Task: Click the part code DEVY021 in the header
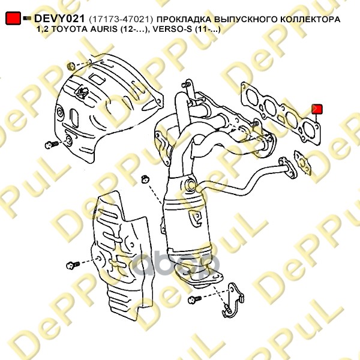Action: [x=59, y=19]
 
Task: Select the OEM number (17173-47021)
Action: [x=121, y=19]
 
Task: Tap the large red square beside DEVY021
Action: [x=13, y=18]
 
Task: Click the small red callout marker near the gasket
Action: [x=317, y=109]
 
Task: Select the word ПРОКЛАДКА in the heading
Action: [x=184, y=19]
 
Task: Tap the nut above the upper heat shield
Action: [x=71, y=66]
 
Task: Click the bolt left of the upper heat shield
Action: [x=52, y=145]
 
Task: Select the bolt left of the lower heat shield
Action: [x=73, y=265]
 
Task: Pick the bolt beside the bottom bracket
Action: [x=194, y=299]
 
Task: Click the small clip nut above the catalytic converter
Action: [x=145, y=178]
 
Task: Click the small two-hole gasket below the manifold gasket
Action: [x=303, y=163]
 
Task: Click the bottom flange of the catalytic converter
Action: [x=199, y=277]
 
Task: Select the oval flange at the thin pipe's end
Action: [x=287, y=168]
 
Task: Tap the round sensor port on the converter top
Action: [x=191, y=185]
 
